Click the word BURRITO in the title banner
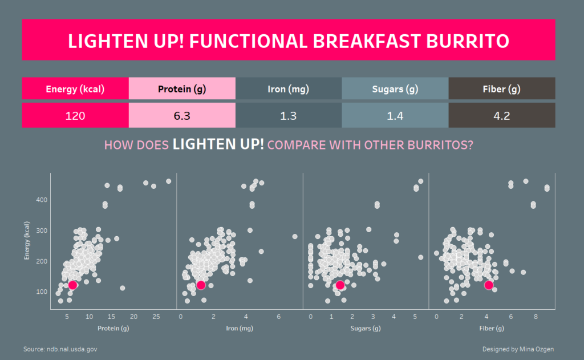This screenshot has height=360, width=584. pos(468,41)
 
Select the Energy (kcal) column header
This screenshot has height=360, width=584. pos(75,88)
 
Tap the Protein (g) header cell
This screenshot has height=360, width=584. pos(182,88)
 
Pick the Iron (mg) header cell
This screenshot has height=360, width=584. pos(289,88)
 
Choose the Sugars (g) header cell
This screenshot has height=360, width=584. pos(395,88)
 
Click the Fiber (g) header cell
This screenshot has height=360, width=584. pos(502,88)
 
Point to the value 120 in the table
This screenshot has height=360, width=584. pos(75,116)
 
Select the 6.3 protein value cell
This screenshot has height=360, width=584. pos(182,115)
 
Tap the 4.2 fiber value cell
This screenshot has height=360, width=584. pos(502,115)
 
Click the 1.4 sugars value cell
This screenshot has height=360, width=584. pos(395,115)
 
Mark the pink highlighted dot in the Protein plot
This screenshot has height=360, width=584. pos(72,285)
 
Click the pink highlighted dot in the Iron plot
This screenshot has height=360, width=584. pos(201,285)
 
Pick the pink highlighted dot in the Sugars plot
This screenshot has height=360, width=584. pos(340,285)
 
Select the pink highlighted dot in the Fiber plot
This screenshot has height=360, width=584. pos(489,285)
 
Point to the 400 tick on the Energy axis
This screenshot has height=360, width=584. pos(42,200)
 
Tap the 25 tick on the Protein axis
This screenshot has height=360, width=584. pos(156,317)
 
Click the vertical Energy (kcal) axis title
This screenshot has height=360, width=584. pos(26,240)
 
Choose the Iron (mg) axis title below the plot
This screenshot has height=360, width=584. pos(240,328)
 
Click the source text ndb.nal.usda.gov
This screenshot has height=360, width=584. pos(72,349)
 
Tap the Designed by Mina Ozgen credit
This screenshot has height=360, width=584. pos(518,349)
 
